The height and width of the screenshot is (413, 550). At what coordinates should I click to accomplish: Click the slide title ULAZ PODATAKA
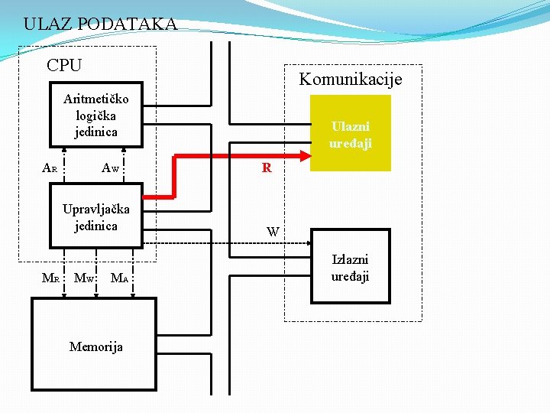click(x=100, y=24)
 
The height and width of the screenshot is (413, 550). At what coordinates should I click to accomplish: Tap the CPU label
click(x=64, y=66)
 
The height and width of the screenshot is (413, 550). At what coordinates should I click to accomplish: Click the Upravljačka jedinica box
click(x=95, y=217)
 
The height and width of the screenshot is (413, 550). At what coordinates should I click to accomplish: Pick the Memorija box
click(x=93, y=346)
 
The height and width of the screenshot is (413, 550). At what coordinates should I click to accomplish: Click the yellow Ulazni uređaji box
click(x=351, y=133)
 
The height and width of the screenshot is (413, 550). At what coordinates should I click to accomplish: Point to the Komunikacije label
click(x=350, y=80)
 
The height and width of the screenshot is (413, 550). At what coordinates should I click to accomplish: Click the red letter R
click(x=267, y=168)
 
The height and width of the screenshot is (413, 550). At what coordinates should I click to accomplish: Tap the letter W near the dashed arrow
click(x=273, y=231)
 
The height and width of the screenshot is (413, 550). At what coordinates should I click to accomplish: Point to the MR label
click(x=50, y=278)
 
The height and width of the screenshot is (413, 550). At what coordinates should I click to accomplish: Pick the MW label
click(x=83, y=278)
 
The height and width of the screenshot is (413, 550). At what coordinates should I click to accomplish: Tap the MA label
click(x=118, y=278)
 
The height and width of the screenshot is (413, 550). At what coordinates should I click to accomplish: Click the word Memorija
click(x=95, y=346)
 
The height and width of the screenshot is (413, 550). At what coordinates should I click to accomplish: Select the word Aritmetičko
click(x=96, y=99)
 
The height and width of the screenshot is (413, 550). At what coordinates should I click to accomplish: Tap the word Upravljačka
click(x=96, y=209)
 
